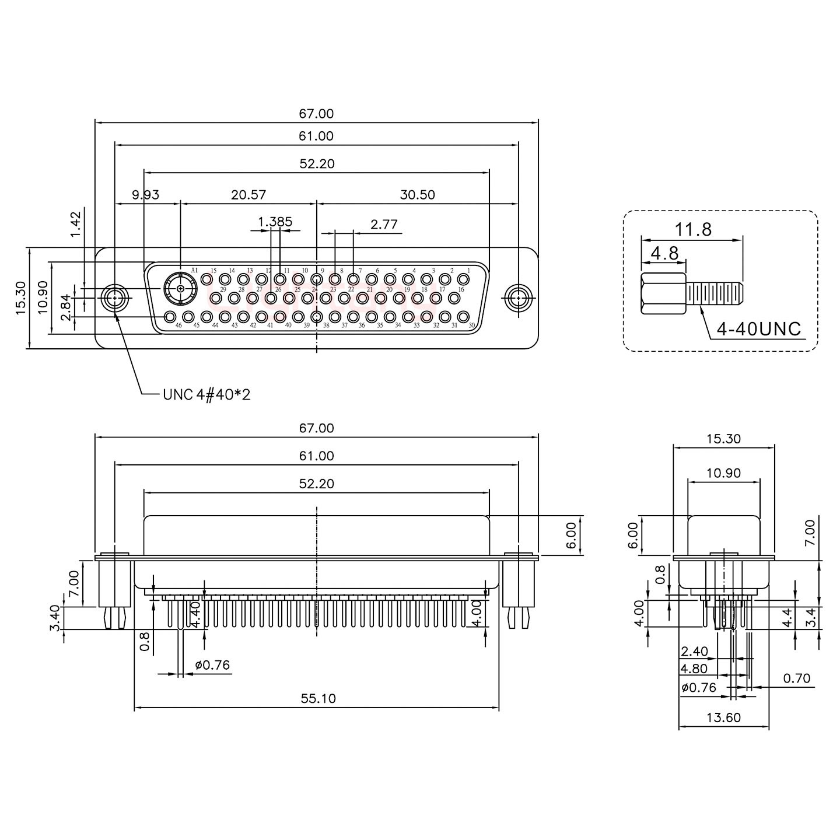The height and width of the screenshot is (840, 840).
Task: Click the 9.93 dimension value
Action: (x=145, y=195)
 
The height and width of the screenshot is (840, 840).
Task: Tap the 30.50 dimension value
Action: (x=418, y=195)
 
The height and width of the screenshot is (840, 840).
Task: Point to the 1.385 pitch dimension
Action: (x=275, y=222)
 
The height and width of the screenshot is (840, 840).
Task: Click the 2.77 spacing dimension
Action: (x=384, y=225)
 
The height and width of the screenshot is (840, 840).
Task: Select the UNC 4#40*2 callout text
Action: (x=206, y=395)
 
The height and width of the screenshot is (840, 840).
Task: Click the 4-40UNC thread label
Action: (x=759, y=329)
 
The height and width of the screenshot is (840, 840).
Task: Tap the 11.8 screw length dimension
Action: (x=694, y=229)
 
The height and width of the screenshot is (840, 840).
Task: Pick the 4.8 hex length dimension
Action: (x=665, y=253)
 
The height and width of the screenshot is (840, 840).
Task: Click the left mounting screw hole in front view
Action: (x=115, y=299)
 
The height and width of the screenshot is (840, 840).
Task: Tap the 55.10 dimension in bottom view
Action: (x=318, y=698)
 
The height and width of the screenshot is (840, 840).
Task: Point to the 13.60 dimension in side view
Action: (x=723, y=717)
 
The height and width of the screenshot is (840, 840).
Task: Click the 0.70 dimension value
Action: (x=797, y=678)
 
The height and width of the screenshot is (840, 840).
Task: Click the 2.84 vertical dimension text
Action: (x=66, y=307)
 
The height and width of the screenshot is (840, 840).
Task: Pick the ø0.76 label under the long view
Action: (x=212, y=665)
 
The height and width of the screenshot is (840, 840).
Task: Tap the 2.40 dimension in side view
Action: (x=694, y=652)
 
